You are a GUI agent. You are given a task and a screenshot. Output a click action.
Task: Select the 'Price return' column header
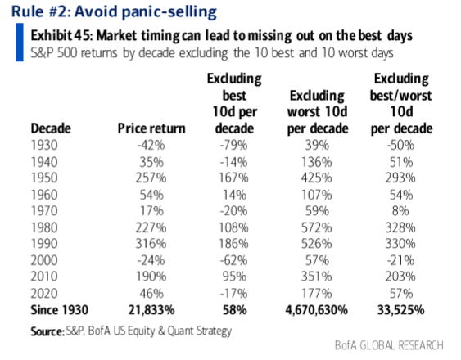click(x=151, y=128)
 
